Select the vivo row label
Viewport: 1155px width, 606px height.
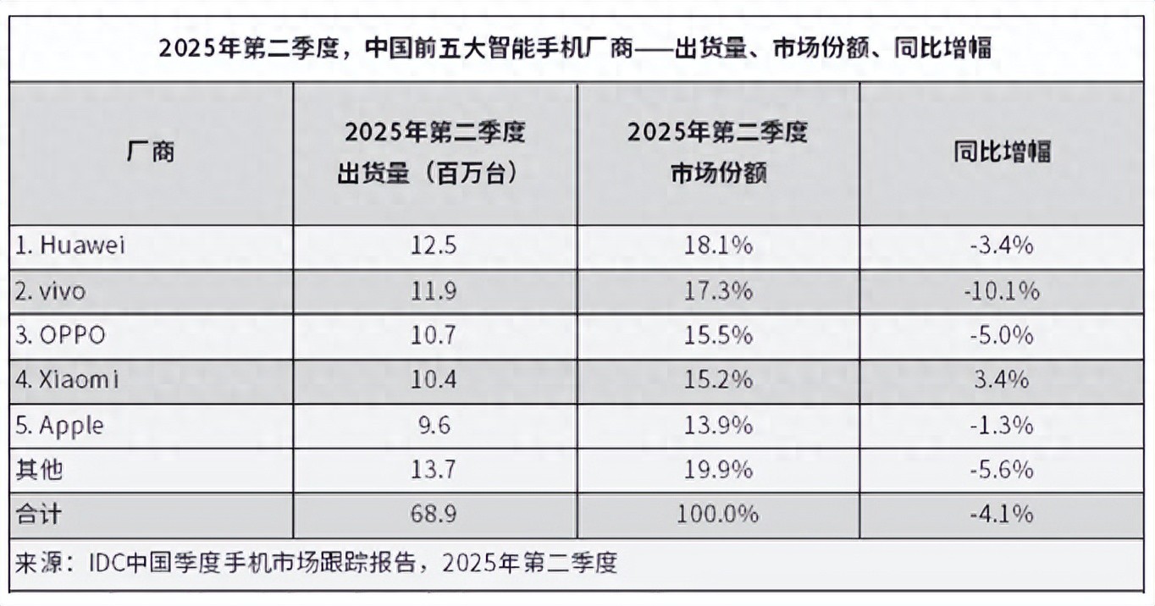pos(51,291)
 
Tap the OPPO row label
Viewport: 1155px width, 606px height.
pos(60,336)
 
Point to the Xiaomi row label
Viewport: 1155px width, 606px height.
pos(67,380)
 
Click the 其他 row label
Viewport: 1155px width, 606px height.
pos(39,469)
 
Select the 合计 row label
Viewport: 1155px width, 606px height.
pos(39,514)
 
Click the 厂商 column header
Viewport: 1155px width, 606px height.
pos(151,152)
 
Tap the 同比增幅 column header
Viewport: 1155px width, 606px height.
pos(1002,152)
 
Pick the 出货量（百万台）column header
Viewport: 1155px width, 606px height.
pos(434,153)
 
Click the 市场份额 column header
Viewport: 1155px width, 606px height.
pos(718,153)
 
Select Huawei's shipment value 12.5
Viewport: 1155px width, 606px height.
pos(434,246)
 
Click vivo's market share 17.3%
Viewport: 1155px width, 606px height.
pos(718,291)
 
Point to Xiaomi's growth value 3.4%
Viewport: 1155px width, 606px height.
pos(1002,380)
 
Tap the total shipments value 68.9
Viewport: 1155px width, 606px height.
pos(434,514)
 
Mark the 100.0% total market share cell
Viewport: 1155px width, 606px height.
pos(718,514)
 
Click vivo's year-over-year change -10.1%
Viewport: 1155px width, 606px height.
pos(1002,291)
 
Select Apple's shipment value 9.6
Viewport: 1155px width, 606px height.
pos(434,425)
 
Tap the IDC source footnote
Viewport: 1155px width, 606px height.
pos(316,563)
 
